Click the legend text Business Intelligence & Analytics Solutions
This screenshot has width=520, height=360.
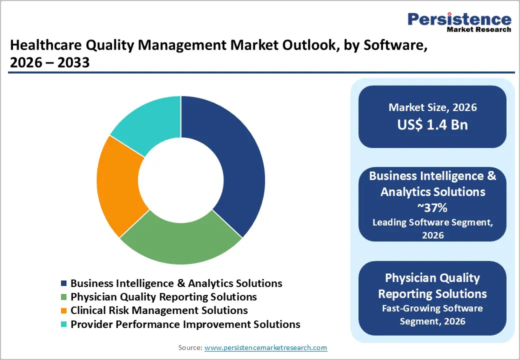coord(176,283)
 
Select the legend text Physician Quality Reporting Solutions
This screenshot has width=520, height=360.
coord(163,297)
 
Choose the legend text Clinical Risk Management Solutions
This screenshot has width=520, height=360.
coord(159,310)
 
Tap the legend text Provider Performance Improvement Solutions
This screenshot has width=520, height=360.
coord(185,324)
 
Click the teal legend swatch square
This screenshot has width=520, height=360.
coord(63,324)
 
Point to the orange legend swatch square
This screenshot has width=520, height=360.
coord(63,311)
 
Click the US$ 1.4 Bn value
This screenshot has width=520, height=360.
coord(432,124)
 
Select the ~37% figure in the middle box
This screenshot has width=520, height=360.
coord(432,207)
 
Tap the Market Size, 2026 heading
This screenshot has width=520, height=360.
coord(432,107)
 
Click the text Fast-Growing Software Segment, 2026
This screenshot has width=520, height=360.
coord(432,315)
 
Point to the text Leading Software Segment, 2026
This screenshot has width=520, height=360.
coord(432,228)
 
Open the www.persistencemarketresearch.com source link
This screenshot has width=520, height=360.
coord(265,347)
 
